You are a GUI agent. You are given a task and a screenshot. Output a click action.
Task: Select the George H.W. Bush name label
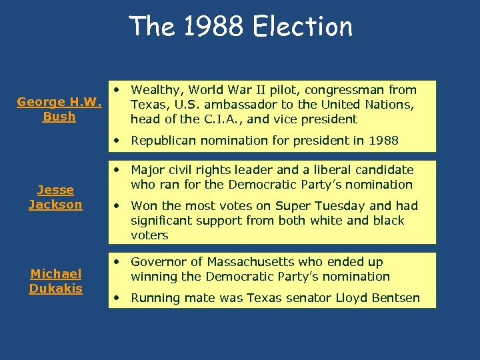pyautogui.click(x=59, y=109)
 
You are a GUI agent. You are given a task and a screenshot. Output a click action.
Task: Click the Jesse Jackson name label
pyautogui.click(x=55, y=197)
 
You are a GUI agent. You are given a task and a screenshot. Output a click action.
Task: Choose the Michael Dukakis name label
pyautogui.click(x=55, y=281)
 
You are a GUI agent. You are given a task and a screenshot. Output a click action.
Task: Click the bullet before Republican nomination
pyautogui.click(x=117, y=141)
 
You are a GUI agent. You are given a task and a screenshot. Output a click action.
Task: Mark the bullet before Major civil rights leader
pyautogui.click(x=117, y=170)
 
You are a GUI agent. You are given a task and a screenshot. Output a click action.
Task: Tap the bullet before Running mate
pyautogui.click(x=117, y=298)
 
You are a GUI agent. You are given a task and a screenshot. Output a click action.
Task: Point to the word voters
pyautogui.click(x=149, y=235)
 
